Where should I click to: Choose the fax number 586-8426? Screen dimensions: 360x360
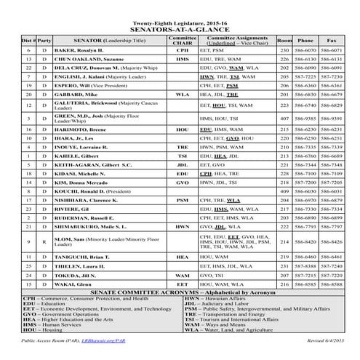tap(332, 241)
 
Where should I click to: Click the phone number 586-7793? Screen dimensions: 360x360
tap(306, 227)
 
